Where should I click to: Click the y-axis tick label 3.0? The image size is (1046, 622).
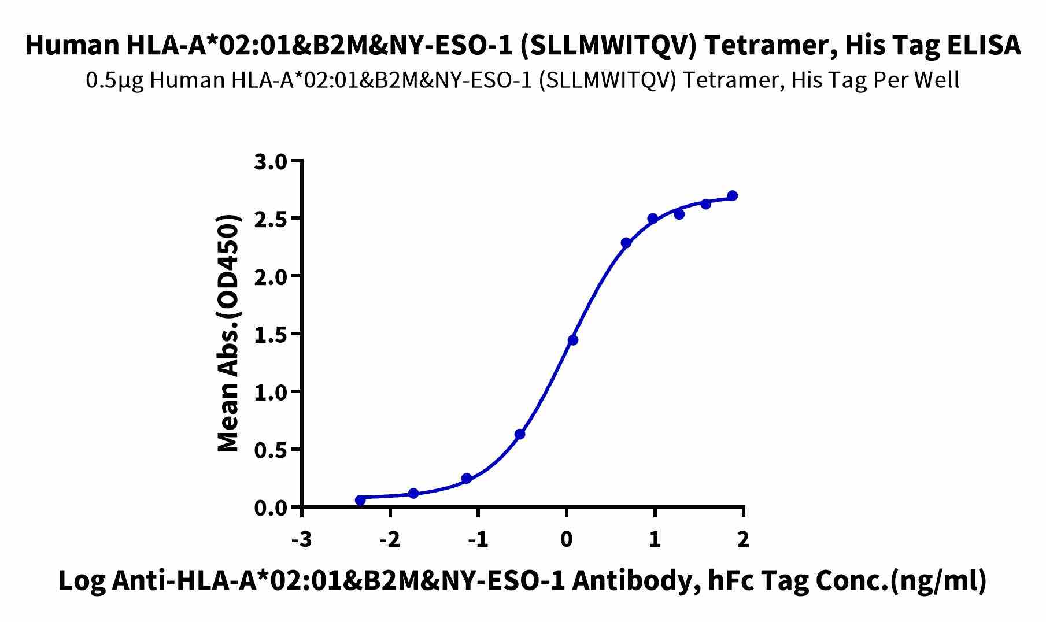pos(270,161)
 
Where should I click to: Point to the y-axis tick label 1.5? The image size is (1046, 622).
pos(270,334)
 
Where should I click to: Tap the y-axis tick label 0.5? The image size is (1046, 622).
pos(270,450)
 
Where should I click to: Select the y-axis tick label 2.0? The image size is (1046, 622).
pos(270,276)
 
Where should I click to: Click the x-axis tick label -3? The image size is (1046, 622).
pos(301,539)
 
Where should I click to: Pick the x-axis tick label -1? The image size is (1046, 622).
pos(478,539)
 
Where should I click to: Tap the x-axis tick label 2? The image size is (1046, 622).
pos(743,539)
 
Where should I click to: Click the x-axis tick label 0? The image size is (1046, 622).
pos(567,539)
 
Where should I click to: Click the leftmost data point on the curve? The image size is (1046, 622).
pos(360,500)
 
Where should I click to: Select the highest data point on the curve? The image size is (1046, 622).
pos(732,196)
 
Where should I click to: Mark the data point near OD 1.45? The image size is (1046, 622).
pos(573,340)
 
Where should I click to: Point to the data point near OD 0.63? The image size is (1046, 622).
pos(520,434)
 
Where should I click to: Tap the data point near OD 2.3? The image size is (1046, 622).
pos(626,243)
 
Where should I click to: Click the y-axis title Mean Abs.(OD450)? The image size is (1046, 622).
pos(229,334)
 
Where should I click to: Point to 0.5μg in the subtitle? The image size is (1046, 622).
pos(115,80)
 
